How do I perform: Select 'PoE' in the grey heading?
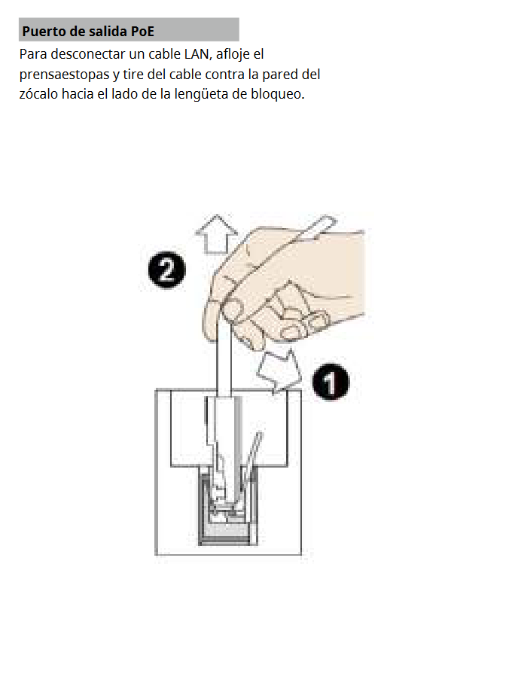(x=142, y=32)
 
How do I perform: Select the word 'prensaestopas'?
(x=64, y=75)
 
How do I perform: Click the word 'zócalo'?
(x=38, y=94)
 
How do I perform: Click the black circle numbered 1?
(x=331, y=383)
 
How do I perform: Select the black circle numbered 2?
(x=167, y=270)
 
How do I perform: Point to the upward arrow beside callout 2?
(x=216, y=234)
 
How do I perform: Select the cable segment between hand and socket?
(x=224, y=362)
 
